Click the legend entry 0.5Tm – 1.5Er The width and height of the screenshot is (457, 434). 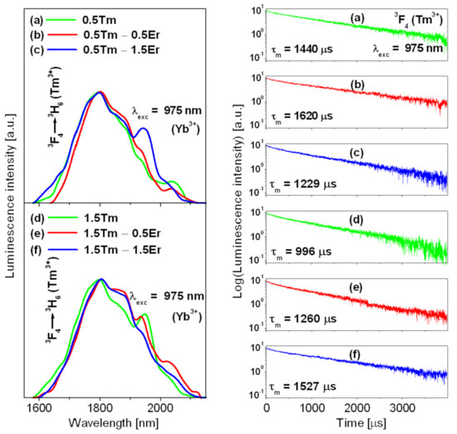point(121,50)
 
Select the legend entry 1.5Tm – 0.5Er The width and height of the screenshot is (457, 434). point(122,233)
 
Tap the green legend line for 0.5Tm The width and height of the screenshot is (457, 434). point(61,20)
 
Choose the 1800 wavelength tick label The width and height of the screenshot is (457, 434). point(101,407)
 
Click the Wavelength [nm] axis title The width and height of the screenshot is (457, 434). point(114,422)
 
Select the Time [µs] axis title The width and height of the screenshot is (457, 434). point(361,422)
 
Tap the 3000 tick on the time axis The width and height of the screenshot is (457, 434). point(403,407)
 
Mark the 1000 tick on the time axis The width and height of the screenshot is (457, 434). point(312,407)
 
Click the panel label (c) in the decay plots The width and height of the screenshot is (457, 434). point(356,153)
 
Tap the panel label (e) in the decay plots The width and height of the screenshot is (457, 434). point(356,287)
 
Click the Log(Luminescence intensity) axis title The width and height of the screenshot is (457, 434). point(238,201)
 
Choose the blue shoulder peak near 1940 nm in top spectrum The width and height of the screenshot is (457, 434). point(143,128)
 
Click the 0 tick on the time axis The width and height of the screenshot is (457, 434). point(267,407)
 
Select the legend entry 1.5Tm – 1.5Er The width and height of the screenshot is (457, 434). point(122,250)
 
